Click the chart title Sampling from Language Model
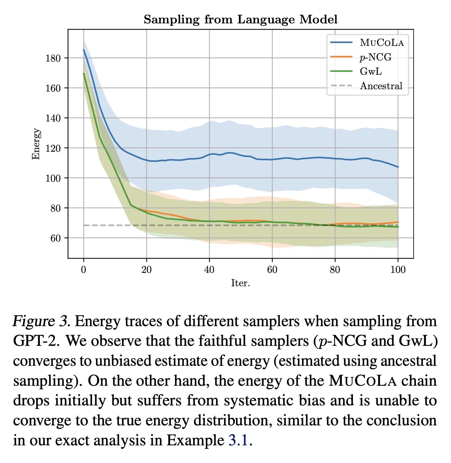[240, 20]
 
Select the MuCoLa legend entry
[381, 43]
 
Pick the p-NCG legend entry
[375, 57]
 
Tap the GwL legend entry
[371, 71]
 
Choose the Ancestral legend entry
[381, 86]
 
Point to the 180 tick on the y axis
[53, 58]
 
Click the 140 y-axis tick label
[53, 118]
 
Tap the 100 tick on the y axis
[53, 178]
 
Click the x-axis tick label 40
[209, 270]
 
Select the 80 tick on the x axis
[335, 270]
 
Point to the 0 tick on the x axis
[84, 270]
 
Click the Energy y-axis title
[36, 144]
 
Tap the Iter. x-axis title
[240, 283]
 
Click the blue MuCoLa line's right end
[398, 167]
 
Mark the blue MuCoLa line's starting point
[84, 50]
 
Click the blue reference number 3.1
[239, 440]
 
